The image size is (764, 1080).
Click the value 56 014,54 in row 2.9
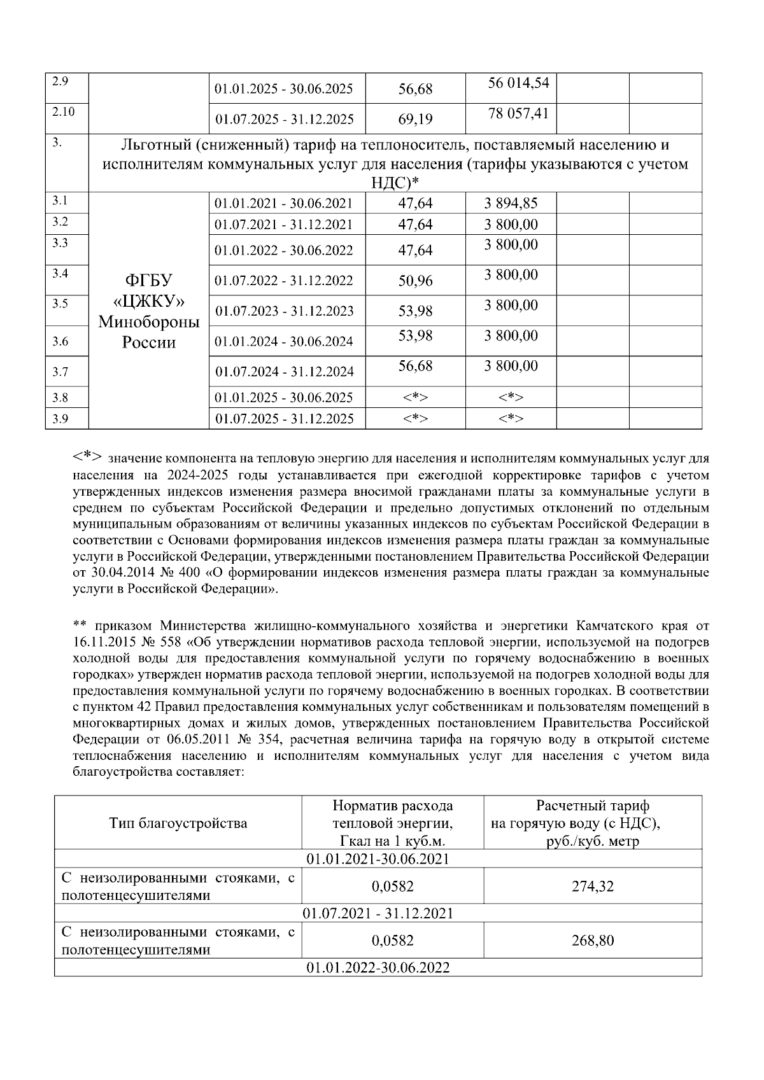(518, 83)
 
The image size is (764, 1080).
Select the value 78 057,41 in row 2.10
(518, 114)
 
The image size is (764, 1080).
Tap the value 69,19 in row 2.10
(415, 119)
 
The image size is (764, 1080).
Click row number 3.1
(60, 202)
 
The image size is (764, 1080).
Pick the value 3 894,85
(511, 204)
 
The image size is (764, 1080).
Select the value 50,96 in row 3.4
(415, 281)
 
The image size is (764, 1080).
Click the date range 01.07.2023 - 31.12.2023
(284, 311)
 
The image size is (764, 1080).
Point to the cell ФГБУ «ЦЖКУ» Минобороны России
(149, 311)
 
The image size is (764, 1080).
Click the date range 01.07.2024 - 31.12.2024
(284, 372)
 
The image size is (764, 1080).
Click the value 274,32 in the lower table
(592, 886)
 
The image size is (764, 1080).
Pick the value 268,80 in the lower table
(592, 941)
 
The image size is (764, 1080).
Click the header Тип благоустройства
(178, 824)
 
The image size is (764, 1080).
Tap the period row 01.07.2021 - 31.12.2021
(378, 913)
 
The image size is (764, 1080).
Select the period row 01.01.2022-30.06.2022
(378, 968)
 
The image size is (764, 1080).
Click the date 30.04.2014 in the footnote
(115, 573)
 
